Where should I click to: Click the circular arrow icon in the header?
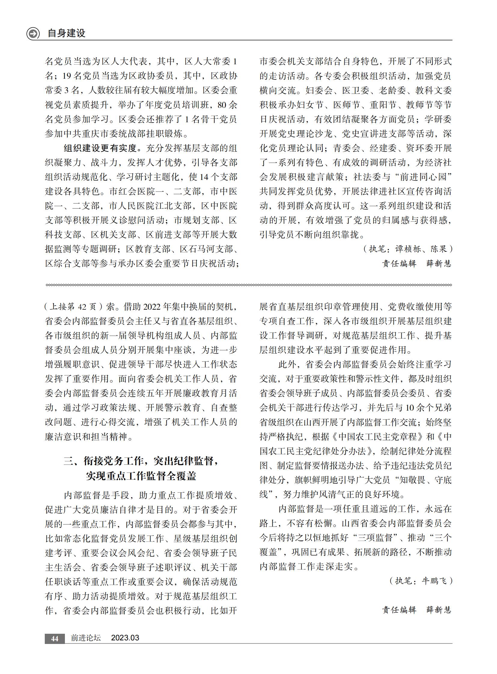pyautogui.click(x=33, y=33)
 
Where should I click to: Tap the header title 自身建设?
pyautogui.click(x=66, y=33)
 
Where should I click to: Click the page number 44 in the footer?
pyautogui.click(x=54, y=638)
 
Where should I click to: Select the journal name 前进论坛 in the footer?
pyautogui.click(x=86, y=638)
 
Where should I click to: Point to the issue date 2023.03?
pyautogui.click(x=125, y=638)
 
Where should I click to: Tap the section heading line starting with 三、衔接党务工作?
pyautogui.click(x=141, y=461)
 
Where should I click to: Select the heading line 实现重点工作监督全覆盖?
pyautogui.click(x=141, y=475)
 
